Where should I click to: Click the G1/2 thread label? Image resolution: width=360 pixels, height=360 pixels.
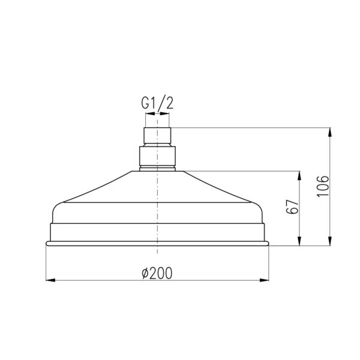point(157,103)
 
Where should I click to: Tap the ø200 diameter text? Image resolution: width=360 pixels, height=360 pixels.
point(157,273)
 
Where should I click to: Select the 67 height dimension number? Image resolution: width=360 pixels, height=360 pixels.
point(292,207)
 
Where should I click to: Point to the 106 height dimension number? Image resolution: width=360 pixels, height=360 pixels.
point(323,186)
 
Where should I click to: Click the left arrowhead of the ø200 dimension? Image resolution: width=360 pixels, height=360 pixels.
point(50,280)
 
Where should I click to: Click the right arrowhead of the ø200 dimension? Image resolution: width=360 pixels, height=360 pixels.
point(264,280)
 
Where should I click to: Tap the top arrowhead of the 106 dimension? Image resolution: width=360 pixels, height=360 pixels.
point(330,132)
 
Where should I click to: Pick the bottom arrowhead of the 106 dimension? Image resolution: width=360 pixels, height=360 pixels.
point(330,241)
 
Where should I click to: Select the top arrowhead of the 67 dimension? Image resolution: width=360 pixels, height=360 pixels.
point(299,176)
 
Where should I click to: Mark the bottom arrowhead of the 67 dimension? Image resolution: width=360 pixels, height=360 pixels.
point(299,241)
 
